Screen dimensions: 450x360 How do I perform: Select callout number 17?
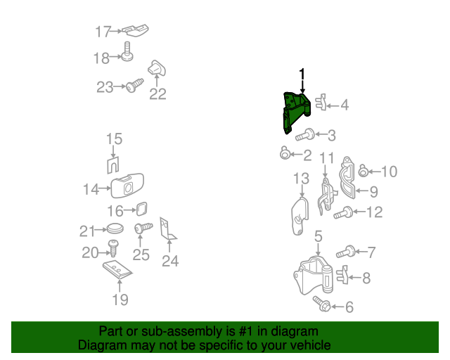coord(103,32)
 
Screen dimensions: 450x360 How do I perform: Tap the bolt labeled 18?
coord(127,51)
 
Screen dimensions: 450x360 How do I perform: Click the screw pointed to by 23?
coord(134,85)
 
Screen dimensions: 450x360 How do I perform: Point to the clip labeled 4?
coord(321,103)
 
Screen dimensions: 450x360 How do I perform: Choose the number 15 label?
coord(114,139)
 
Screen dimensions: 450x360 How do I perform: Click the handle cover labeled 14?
coord(127,186)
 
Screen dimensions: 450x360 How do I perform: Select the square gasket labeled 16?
coord(141,209)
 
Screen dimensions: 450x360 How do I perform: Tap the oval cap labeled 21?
coord(115,229)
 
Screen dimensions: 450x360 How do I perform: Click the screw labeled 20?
coord(114,248)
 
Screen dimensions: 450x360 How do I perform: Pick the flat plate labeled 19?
coord(117,269)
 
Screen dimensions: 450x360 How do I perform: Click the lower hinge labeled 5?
coord(314,276)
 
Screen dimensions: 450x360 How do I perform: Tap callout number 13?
coord(301,179)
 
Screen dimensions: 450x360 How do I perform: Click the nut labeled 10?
coord(364,171)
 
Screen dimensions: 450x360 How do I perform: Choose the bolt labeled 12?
coord(343,213)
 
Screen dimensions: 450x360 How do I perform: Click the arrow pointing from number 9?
coord(362,191)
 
